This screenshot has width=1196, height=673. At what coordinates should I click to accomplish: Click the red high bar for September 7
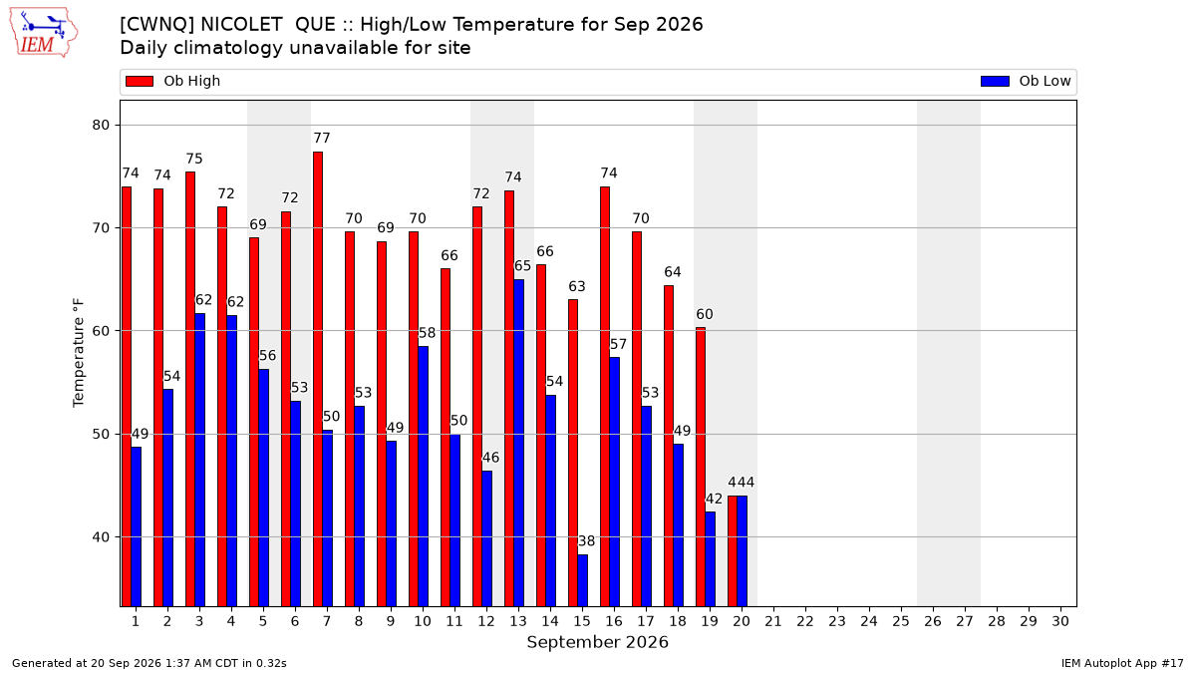(x=318, y=379)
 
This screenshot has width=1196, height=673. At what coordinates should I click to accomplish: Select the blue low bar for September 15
(x=582, y=580)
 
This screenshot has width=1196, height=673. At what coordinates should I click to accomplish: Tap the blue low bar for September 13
(x=518, y=444)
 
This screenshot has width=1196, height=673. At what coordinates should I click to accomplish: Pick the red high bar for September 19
(x=701, y=468)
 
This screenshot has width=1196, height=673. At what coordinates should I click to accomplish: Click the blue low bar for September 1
(x=137, y=526)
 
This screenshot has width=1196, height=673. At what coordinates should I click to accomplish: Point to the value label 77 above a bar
(x=321, y=139)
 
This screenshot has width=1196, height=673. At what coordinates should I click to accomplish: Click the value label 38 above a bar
(x=586, y=541)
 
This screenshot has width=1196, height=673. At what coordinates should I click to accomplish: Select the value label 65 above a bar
(x=522, y=266)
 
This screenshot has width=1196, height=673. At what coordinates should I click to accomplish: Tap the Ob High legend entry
(x=173, y=81)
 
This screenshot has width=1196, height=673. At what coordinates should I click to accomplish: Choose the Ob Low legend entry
(x=1026, y=81)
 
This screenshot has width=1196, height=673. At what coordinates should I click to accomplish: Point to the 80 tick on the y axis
(x=101, y=125)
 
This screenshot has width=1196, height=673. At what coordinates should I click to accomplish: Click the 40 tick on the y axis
(x=101, y=536)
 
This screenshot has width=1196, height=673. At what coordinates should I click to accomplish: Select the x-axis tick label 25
(x=901, y=622)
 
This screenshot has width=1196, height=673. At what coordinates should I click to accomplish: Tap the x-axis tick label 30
(x=1060, y=622)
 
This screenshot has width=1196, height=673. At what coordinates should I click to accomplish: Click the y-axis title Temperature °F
(x=79, y=353)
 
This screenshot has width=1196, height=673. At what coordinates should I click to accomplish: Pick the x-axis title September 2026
(x=597, y=642)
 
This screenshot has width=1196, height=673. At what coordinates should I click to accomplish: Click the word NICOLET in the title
(x=241, y=25)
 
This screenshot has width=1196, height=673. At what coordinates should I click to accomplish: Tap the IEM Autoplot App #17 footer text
(x=1122, y=663)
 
